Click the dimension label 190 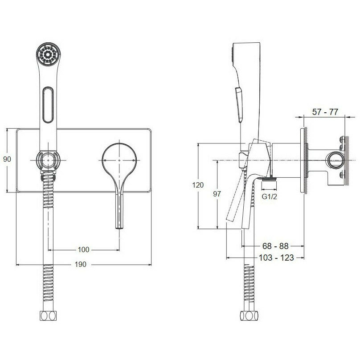pos(80,264)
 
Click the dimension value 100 pos(83,249)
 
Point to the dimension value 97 pos(217,194)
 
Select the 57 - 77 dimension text pos(324,112)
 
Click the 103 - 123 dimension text pos(276,258)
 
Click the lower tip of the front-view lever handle pos(119,225)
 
